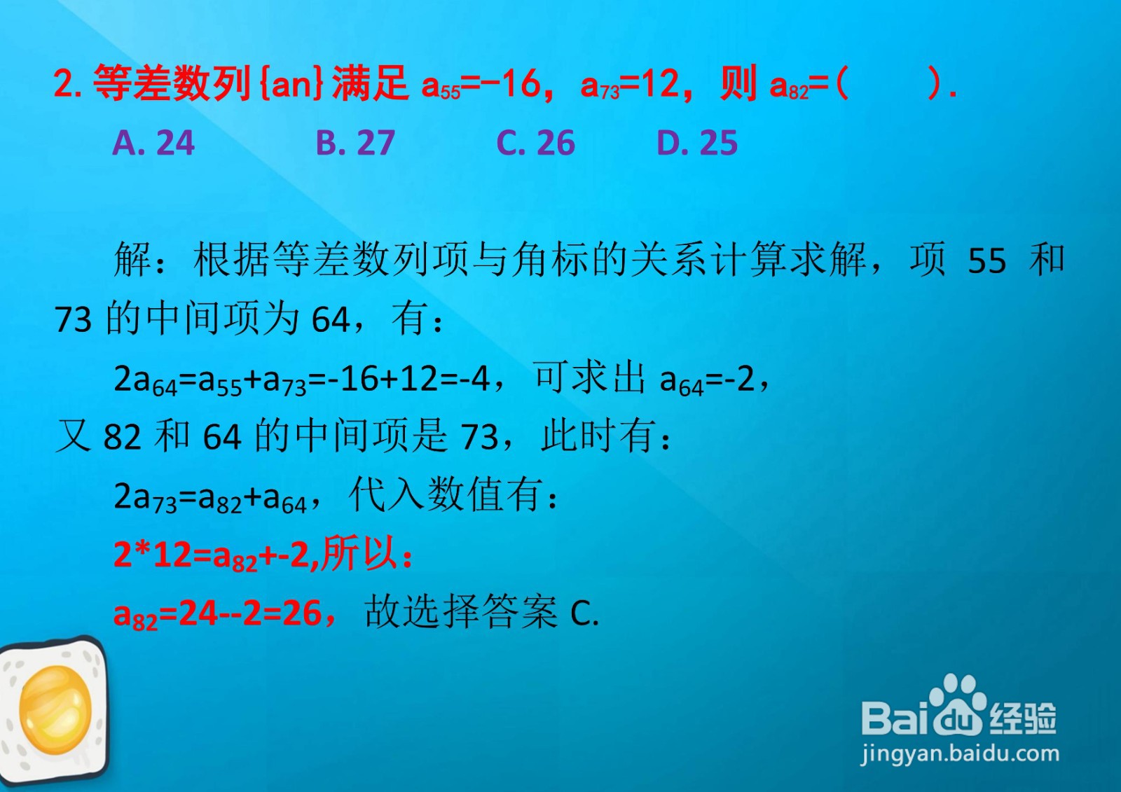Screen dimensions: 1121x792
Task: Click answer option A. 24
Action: coord(153,143)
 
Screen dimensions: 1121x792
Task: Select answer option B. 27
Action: coord(355,143)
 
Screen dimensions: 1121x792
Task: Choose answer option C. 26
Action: coord(535,143)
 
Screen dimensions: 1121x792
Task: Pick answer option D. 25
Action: coord(697,143)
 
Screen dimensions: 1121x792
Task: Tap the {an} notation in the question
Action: coord(293,83)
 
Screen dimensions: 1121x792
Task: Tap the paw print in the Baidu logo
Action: coord(957,705)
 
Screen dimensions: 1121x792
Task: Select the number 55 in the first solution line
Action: coord(987,260)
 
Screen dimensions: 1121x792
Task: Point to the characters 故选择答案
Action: coord(461,613)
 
